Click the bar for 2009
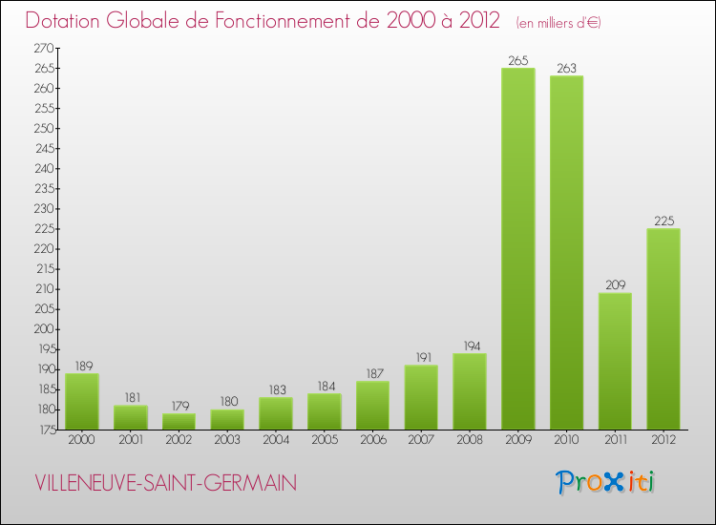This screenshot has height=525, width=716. (518, 248)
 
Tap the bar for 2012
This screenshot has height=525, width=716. (663, 328)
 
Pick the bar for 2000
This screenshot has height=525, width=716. (82, 401)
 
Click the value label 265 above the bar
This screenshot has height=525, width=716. (518, 61)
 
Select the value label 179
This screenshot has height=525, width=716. (179, 407)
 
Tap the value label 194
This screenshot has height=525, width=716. (470, 346)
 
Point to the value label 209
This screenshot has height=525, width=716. (615, 285)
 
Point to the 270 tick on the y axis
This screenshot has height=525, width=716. (43, 48)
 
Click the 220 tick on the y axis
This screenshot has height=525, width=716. (43, 249)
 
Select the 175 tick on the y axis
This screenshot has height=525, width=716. (43, 430)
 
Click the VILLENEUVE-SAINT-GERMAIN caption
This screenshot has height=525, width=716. (165, 484)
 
